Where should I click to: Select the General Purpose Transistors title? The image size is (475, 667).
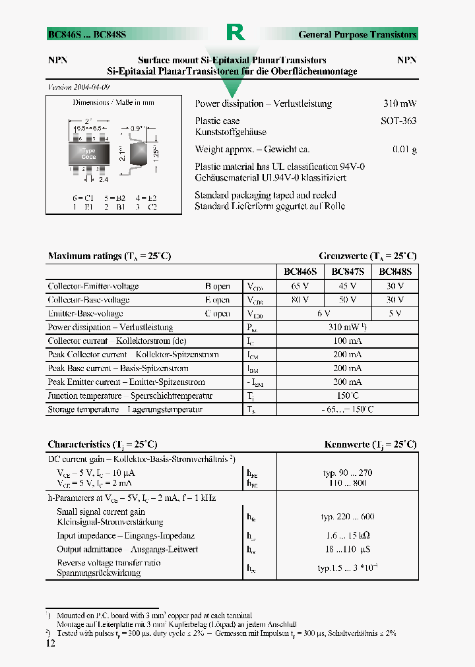357,34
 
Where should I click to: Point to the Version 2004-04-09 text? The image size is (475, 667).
79,87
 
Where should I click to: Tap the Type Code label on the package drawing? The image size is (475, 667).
89,154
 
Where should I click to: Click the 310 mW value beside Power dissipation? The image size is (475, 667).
400,104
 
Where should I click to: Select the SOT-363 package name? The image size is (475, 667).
398,121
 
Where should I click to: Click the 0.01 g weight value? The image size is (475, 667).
404,150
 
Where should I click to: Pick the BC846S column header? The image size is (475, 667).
300,272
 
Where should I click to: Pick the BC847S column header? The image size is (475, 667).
348,272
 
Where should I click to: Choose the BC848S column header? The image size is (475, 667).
395,272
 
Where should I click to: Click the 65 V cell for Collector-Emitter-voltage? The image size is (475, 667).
300,287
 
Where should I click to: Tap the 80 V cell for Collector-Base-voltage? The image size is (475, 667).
300,300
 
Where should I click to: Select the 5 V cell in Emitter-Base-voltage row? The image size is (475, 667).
395,314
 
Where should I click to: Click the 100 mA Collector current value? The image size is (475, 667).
347,341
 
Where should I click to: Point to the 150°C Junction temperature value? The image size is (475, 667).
347,396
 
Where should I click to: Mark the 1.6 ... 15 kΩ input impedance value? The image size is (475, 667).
347,536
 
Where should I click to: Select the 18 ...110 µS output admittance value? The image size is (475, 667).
347,550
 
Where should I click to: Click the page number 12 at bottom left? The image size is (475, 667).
51,643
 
